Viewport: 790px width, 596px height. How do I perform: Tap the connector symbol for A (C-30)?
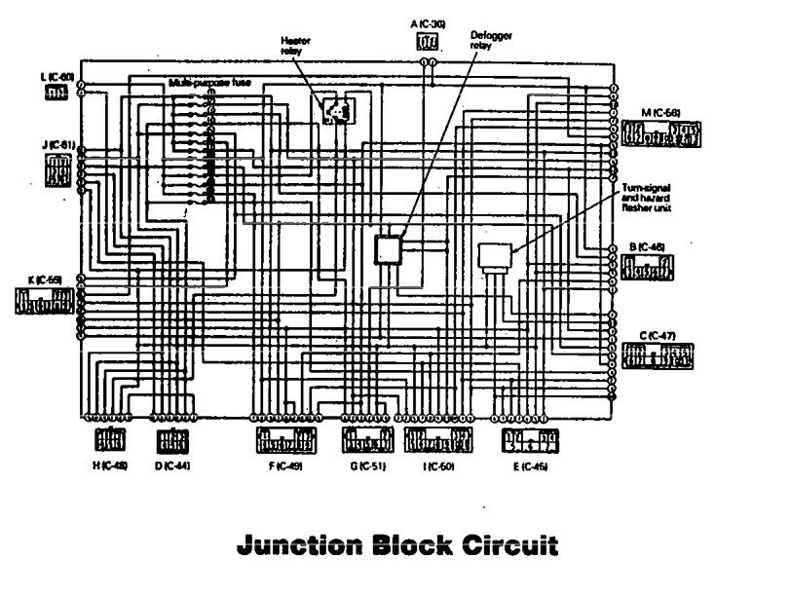(427, 41)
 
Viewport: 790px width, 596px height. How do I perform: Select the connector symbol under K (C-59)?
(45, 301)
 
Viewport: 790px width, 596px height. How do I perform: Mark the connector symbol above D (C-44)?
(171, 440)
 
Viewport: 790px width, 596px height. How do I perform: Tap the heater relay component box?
(336, 110)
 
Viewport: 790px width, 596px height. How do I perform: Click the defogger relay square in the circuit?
(390, 249)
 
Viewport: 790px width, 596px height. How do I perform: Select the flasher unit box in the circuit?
(496, 256)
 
